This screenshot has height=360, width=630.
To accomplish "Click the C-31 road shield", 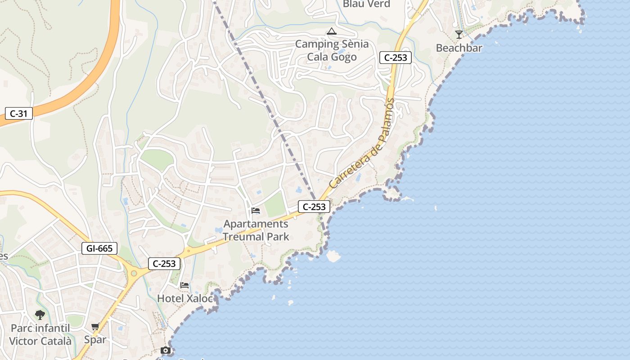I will pyautogui.click(x=19, y=113).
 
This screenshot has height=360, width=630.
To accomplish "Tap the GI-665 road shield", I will pyautogui.click(x=99, y=248).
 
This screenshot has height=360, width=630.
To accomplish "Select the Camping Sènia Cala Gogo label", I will pyautogui.click(x=332, y=50).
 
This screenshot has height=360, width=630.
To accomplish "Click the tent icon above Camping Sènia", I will pyautogui.click(x=332, y=31).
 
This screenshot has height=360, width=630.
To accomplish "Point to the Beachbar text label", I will pyautogui.click(x=459, y=48).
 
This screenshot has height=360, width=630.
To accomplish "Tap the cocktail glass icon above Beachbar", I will pyautogui.click(x=459, y=35).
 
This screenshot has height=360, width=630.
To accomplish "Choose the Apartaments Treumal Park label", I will pyautogui.click(x=256, y=230).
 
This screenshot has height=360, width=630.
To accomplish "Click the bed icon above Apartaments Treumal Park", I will pyautogui.click(x=256, y=211).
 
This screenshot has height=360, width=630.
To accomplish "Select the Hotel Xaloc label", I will pyautogui.click(x=184, y=298).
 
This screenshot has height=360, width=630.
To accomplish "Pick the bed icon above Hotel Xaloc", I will pyautogui.click(x=184, y=285).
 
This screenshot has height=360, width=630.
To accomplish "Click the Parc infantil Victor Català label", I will pyautogui.click(x=40, y=334).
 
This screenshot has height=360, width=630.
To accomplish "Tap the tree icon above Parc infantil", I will pyautogui.click(x=40, y=315).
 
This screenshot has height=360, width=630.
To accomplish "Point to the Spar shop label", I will pyautogui.click(x=95, y=339).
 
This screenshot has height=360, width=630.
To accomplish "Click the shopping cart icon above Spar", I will pyautogui.click(x=95, y=326).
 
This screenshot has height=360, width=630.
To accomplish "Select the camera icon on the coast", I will pyautogui.click(x=166, y=351).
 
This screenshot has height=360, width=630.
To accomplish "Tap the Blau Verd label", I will pyautogui.click(x=366, y=4).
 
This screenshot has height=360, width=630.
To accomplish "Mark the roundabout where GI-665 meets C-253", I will pyautogui.click(x=134, y=272).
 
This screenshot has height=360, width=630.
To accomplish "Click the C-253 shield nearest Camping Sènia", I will pyautogui.click(x=396, y=58).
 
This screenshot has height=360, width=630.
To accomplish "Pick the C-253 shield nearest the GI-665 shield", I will pyautogui.click(x=164, y=264).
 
